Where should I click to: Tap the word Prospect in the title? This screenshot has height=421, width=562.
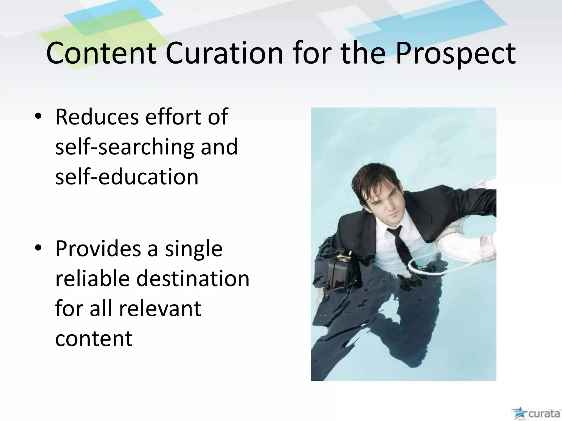click(x=456, y=54)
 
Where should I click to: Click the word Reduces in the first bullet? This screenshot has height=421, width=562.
click(x=97, y=117)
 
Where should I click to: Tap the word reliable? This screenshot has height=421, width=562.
click(x=92, y=278)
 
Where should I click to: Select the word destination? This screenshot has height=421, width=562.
click(x=193, y=278)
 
